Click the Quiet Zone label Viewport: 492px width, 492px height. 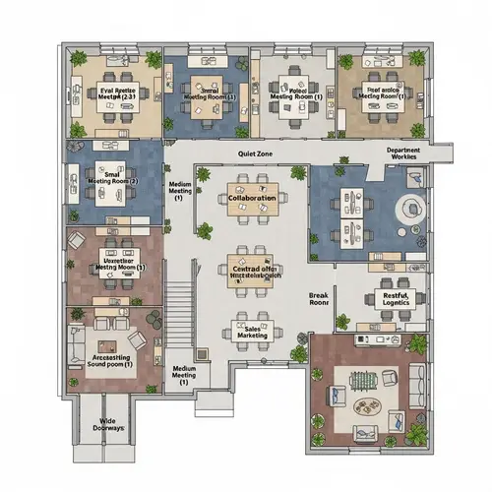coord(254,154)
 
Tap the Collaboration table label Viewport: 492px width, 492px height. coord(253,198)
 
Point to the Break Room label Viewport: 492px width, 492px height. coord(318,299)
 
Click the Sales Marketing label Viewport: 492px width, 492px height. coord(253,332)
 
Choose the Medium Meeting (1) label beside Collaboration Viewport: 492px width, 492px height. coord(180,189)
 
